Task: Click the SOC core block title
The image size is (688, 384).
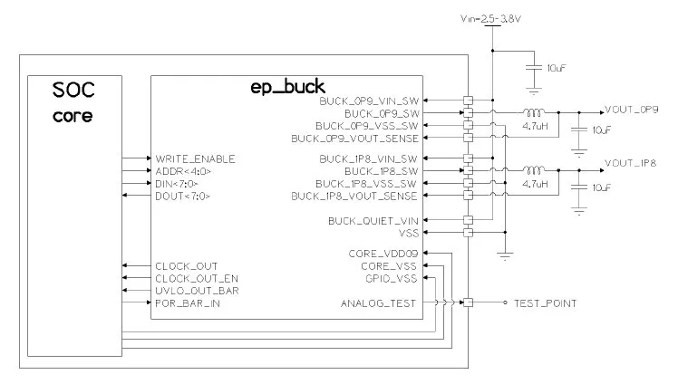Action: click(73, 102)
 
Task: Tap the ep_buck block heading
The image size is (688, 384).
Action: click(288, 87)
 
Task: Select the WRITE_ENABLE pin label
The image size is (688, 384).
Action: click(195, 158)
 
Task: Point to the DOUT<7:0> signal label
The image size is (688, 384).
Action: click(182, 196)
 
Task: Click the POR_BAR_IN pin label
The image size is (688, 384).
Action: click(188, 302)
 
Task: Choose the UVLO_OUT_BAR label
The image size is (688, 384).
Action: click(197, 291)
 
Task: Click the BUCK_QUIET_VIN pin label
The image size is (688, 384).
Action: click(373, 220)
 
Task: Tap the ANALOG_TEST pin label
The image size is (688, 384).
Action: click(378, 302)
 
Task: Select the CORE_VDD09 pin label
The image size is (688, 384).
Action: click(383, 254)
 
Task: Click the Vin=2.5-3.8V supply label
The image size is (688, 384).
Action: click(490, 18)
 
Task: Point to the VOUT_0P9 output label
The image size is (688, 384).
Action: click(632, 110)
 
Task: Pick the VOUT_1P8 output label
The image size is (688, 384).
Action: click(631, 163)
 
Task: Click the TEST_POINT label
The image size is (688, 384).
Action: click(546, 302)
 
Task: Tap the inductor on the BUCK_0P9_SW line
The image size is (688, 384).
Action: click(534, 112)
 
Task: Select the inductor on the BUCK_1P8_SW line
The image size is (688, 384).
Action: click(534, 169)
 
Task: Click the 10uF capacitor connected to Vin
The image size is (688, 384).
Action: click(534, 68)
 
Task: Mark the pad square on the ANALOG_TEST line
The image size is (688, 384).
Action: click(468, 302)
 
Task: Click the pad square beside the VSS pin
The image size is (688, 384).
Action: click(468, 233)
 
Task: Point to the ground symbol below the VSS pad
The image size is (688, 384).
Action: click(505, 256)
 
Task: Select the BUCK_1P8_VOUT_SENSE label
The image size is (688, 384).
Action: click(354, 196)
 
